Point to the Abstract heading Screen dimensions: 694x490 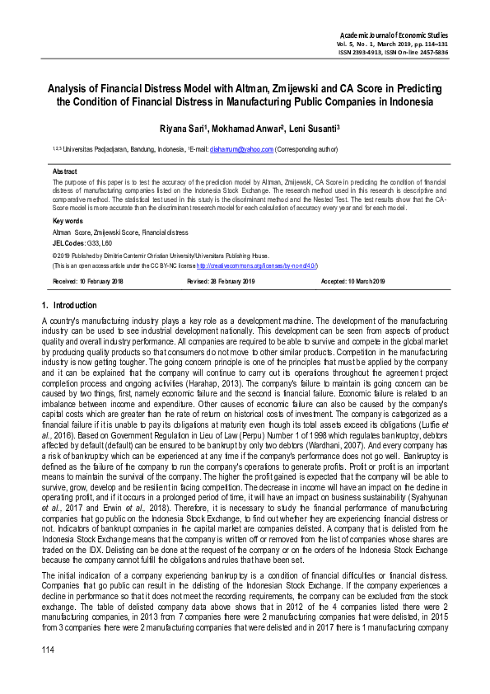pos(66,171)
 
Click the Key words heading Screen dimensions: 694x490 pos(68,222)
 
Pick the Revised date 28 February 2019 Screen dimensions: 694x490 pos(222,282)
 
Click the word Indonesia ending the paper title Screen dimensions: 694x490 pos(410,102)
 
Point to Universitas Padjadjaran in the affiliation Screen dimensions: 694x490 pos(93,150)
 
